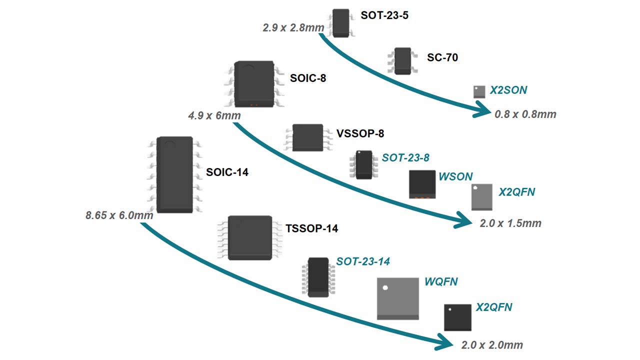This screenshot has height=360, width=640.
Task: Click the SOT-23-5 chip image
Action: click(341, 22)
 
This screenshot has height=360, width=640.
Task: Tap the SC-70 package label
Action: click(442, 57)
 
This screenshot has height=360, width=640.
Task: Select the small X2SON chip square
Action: click(479, 91)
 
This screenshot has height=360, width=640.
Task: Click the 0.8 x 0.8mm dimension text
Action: click(525, 114)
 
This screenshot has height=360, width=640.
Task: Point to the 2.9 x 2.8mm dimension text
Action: click(293, 28)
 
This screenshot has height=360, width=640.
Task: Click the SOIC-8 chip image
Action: click(254, 84)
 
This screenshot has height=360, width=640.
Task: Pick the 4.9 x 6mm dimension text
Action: click(214, 116)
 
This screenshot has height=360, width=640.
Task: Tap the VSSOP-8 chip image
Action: click(307, 137)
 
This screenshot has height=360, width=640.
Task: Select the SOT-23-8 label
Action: click(405, 158)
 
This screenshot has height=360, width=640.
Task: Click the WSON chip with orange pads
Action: click(422, 184)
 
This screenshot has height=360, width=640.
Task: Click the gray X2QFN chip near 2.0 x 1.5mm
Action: click(482, 197)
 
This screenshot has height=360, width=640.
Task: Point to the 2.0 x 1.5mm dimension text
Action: click(510, 223)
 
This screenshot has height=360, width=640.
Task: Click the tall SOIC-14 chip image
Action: click(174, 174)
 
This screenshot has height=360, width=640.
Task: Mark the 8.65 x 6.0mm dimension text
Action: click(119, 216)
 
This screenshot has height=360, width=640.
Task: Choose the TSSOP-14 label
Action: click(311, 229)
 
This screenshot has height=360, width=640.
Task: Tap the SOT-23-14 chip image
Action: click(318, 277)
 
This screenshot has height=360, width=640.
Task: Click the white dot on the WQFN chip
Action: click(385, 287)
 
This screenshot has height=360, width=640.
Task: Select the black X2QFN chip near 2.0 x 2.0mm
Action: click(457, 317)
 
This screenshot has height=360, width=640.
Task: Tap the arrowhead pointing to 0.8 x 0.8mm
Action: click(481, 111)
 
